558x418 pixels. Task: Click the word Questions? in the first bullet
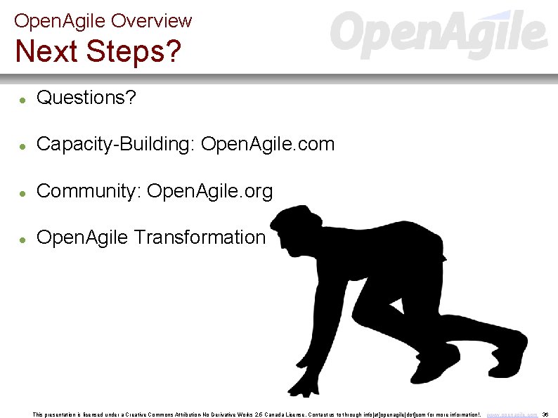pyautogui.click(x=86, y=98)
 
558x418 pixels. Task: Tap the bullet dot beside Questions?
pyautogui.click(x=22, y=100)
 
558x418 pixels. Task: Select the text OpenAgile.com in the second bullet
pyautogui.click(x=268, y=145)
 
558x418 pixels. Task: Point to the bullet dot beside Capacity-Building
pyautogui.click(x=22, y=147)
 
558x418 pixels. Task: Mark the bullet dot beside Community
pyautogui.click(x=22, y=193)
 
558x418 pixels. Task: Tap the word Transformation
pyautogui.click(x=200, y=237)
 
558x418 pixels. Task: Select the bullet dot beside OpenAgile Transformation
pyautogui.click(x=22, y=240)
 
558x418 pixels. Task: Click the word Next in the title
pyautogui.click(x=44, y=51)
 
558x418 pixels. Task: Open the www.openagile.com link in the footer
pyautogui.click(x=512, y=414)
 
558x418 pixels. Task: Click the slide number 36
pyautogui.click(x=545, y=414)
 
